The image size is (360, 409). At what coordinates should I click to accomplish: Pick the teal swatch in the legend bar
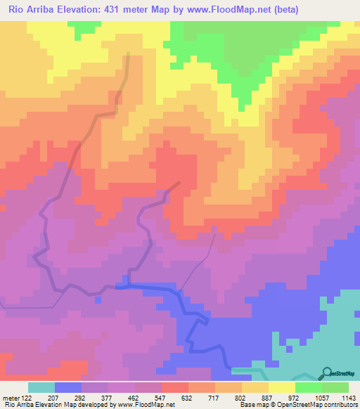click(x=41, y=387)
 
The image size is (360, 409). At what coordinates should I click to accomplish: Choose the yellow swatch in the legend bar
click(x=281, y=387)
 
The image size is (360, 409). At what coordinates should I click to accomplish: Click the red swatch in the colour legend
click(x=174, y=387)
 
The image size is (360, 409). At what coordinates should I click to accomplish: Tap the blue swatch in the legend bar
click(x=68, y=387)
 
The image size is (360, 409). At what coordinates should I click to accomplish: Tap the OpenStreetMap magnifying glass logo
click(x=327, y=372)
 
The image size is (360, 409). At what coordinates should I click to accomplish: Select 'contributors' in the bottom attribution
click(x=340, y=405)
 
